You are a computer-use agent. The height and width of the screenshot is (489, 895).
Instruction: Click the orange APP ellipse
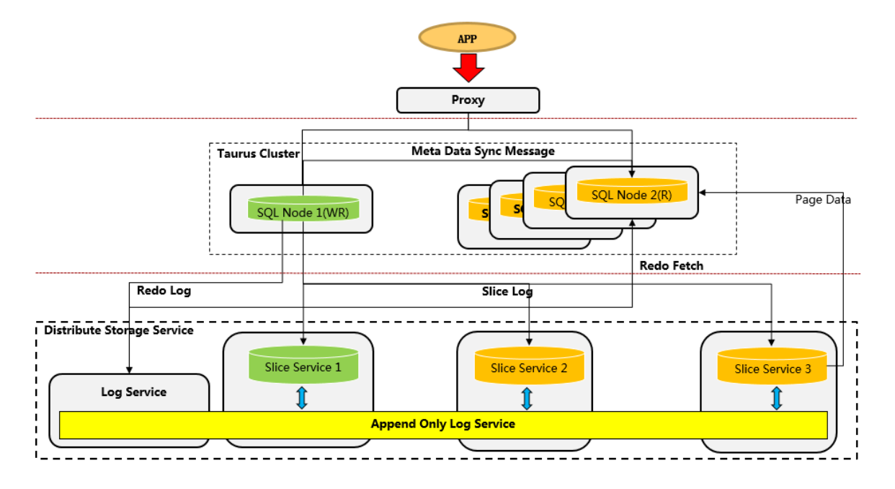coord(467,38)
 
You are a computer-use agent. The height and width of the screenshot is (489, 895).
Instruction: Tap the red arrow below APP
coord(468,68)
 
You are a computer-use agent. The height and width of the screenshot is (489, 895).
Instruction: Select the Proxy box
coord(468,100)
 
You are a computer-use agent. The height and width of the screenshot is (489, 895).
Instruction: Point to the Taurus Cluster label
coord(258,154)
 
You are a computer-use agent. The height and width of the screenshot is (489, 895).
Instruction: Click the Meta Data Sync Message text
coord(483,151)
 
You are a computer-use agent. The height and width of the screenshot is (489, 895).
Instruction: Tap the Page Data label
coord(823,200)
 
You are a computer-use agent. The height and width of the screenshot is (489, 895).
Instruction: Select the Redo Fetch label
coord(671,265)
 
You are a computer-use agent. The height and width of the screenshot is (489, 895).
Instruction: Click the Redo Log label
coord(164,291)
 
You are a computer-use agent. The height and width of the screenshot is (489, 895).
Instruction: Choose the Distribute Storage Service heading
coord(119,330)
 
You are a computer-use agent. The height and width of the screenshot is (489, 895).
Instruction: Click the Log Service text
coord(133,392)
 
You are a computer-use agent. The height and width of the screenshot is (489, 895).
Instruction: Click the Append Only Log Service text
coord(442,424)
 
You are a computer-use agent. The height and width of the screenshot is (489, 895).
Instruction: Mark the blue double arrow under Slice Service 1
coord(302,398)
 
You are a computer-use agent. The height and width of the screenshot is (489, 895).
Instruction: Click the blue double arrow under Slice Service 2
coord(527,399)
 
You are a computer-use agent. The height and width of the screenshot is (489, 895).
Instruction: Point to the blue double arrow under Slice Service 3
coord(776,399)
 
